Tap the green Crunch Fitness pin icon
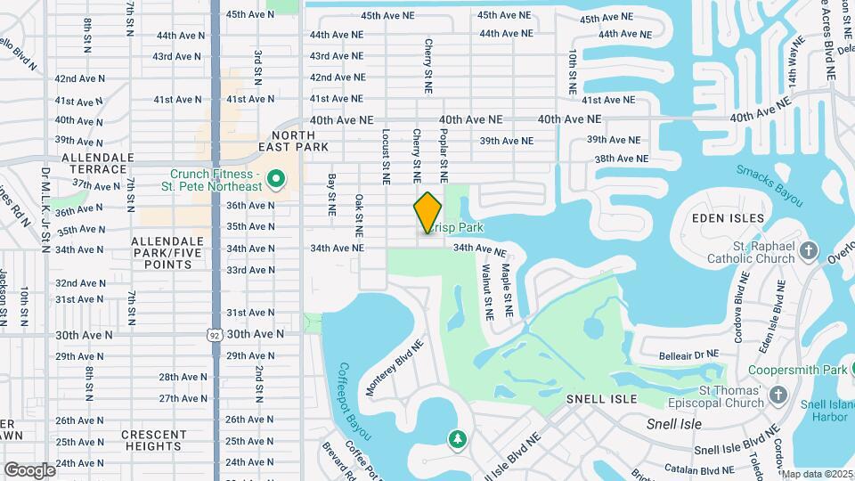[x=275, y=180]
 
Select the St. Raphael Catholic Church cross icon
[x=809, y=251]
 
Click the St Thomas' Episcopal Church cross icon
[x=778, y=395]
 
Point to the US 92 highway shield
[x=216, y=334]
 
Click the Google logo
[x=29, y=469]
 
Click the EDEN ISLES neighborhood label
[x=729, y=218]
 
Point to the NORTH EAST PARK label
[x=294, y=140]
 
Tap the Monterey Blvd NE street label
[x=395, y=366]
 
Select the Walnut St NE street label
[x=487, y=290]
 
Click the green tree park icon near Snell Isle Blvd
[x=457, y=439]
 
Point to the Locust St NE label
[x=386, y=156]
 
